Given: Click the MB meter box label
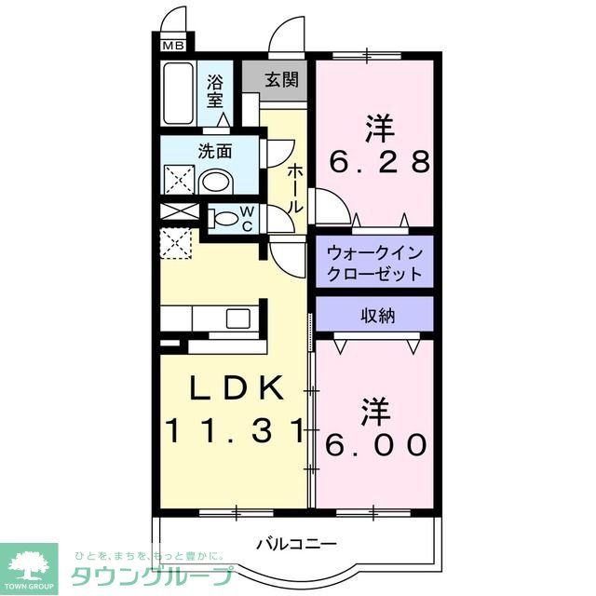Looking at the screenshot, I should coord(172,44).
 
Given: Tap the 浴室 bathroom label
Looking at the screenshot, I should coord(216,90).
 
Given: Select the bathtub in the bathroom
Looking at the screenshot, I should coord(178,94).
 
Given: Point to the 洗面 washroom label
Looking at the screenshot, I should coord(213,150).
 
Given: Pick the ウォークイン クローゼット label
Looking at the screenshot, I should coord(374,263).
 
